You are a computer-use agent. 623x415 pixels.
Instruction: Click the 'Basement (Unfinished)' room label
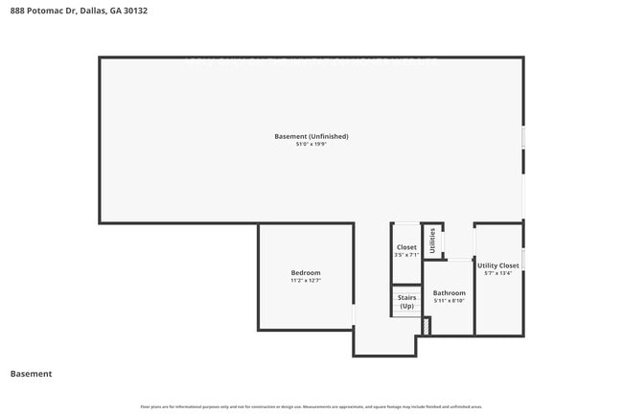pos(311,136)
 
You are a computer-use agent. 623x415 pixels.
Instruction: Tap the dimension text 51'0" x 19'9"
pos(311,145)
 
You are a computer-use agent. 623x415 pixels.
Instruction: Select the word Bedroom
pos(306,273)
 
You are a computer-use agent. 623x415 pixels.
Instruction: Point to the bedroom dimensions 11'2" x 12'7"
pos(306,282)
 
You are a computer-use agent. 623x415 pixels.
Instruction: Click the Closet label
pos(406,247)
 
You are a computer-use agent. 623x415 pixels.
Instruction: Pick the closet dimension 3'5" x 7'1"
pos(406,255)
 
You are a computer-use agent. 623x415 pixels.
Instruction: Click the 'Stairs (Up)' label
pos(406,302)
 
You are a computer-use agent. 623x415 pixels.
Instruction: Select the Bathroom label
pos(449,292)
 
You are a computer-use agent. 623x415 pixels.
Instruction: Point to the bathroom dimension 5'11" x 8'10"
pos(449,301)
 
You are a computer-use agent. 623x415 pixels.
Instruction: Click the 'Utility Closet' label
pos(498,265)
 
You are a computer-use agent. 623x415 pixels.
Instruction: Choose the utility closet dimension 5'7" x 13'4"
pos(498,273)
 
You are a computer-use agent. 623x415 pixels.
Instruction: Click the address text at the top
pos(79,11)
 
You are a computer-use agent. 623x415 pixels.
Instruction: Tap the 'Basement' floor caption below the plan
pos(31,374)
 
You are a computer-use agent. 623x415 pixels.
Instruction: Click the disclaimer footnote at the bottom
pos(311,406)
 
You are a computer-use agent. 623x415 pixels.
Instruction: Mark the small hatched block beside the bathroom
pos(427,327)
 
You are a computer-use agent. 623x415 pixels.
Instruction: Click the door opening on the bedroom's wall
pos(354,314)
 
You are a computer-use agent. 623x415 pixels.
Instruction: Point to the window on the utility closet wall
pos(523,259)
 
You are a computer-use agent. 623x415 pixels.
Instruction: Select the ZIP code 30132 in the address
pos(136,11)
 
